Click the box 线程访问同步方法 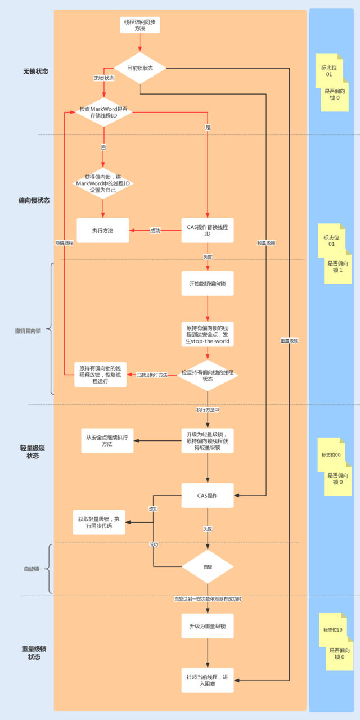tap(139, 25)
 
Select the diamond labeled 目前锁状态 tap(139, 68)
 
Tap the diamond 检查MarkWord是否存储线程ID tap(103, 112)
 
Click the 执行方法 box tap(102, 231)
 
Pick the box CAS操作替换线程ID tap(207, 231)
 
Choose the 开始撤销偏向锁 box tap(207, 284)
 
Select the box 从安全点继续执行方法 tap(107, 440)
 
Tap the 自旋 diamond tap(208, 566)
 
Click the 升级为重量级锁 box tap(207, 625)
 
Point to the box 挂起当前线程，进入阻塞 tap(207, 680)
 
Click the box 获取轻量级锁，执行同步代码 tap(99, 522)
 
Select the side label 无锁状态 tap(35, 71)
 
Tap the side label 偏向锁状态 tap(34, 200)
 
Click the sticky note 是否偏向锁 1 tap(337, 267)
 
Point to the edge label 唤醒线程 tap(65, 242)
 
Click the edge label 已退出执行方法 tap(152, 375)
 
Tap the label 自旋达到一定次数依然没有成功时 tap(208, 599)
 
